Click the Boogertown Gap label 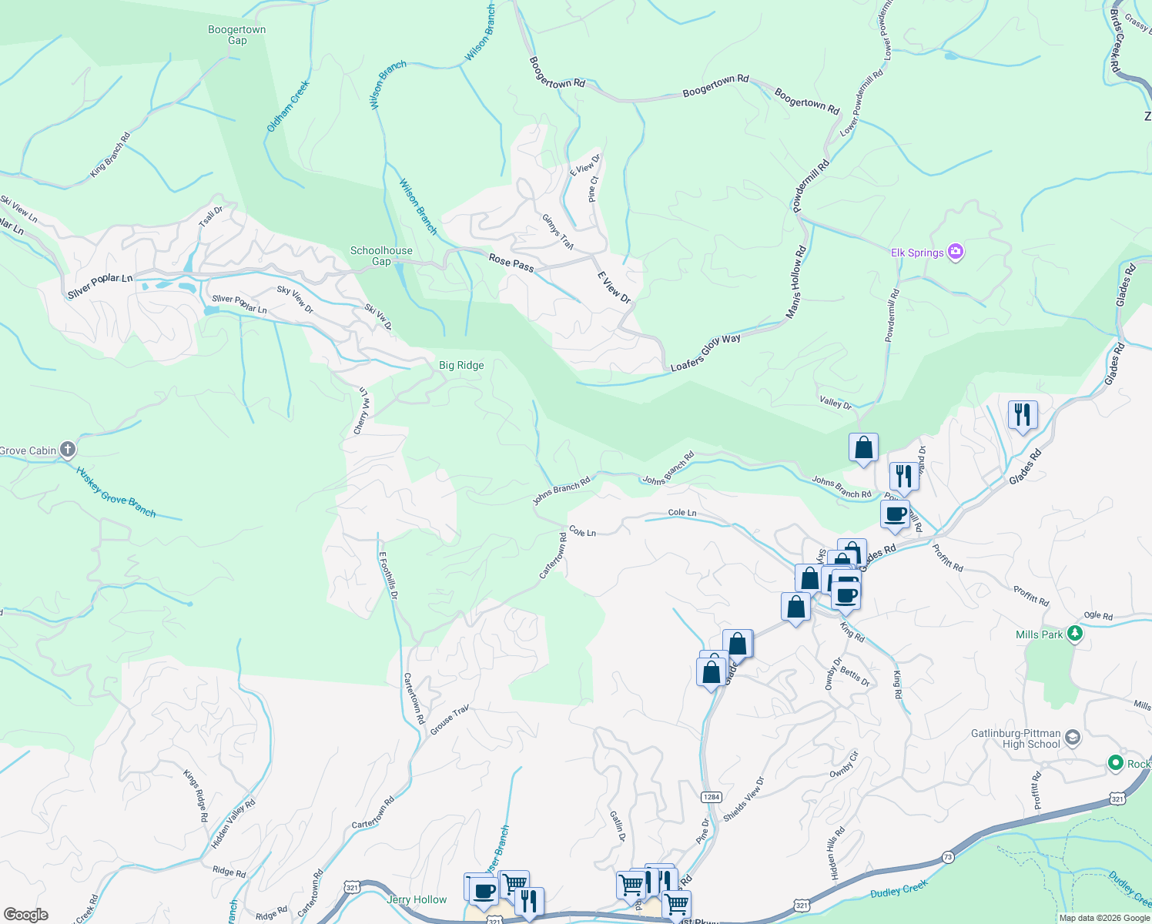pos(236,35)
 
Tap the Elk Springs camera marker pos(956,252)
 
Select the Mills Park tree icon pos(1075,634)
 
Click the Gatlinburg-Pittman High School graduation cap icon pos(1073,738)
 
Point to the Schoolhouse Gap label pos(381,256)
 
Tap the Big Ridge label pos(461,365)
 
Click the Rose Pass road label pos(511,263)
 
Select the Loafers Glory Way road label pos(705,353)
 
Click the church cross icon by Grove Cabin pos(68,450)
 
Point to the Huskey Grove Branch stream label pos(116,492)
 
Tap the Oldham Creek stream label pos(288,106)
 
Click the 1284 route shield pos(712,797)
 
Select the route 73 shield pos(948,857)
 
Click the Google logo pos(26,915)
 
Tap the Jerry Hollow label pos(417,899)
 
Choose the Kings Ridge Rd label pos(196,795)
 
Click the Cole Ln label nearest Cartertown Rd pos(582,531)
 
